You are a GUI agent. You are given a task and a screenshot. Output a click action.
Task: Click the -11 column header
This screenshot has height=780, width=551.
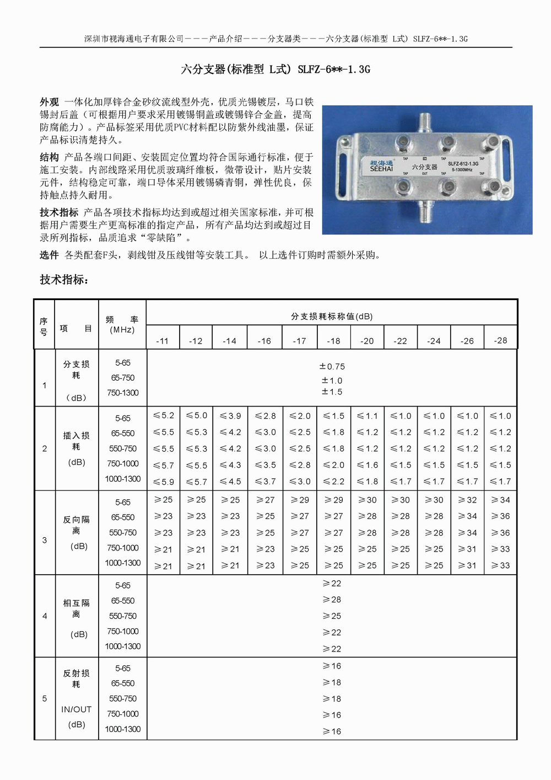click(x=163, y=341)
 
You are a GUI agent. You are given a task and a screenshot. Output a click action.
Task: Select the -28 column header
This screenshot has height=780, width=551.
click(x=500, y=340)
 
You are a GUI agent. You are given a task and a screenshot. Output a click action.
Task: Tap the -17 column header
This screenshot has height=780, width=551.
click(x=299, y=341)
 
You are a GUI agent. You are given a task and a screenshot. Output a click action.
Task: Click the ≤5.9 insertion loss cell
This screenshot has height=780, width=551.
click(x=164, y=482)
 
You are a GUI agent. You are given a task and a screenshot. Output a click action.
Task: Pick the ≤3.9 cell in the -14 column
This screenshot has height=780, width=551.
click(x=230, y=416)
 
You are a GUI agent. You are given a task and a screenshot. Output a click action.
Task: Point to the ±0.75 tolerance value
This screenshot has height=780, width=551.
click(x=332, y=366)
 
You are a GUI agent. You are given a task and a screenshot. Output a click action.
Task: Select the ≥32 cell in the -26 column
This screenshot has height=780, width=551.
click(x=467, y=500)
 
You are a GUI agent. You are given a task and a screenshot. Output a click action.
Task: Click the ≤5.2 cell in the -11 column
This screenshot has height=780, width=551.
click(x=164, y=415)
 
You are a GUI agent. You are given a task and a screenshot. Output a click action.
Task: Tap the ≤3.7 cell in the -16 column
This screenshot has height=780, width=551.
click(x=265, y=482)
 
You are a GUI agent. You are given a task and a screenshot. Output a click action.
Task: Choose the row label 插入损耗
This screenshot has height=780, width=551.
click(x=76, y=441)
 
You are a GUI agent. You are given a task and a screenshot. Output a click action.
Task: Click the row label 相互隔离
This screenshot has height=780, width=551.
click(x=76, y=608)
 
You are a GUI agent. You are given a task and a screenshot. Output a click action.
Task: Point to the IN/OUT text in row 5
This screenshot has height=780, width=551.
click(x=76, y=709)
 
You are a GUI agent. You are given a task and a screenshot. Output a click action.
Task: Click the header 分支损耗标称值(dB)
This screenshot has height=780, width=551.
click(x=332, y=316)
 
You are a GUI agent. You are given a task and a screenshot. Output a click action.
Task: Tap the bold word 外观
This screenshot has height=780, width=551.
click(x=50, y=102)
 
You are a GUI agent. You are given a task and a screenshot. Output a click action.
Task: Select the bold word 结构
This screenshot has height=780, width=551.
click(x=50, y=157)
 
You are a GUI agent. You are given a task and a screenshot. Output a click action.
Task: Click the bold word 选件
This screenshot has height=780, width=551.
click(x=50, y=255)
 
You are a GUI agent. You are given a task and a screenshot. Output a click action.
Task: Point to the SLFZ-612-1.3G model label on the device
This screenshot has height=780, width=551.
click(x=463, y=164)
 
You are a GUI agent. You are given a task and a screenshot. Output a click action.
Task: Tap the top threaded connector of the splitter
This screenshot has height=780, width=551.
click(x=424, y=121)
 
